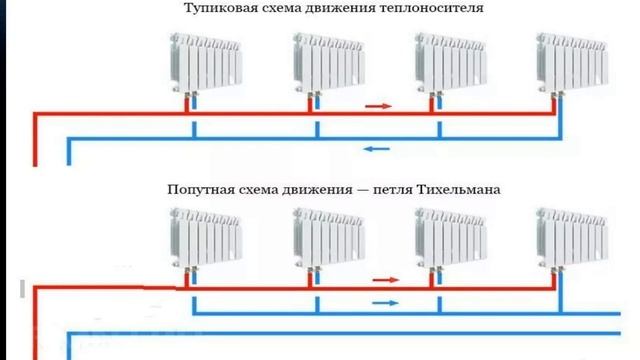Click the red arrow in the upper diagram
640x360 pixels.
click(x=377, y=104)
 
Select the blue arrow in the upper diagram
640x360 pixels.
click(x=377, y=150)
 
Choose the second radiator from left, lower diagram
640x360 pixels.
click(x=329, y=239)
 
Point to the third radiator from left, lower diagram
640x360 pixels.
click(x=450, y=239)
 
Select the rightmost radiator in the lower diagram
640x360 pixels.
click(x=571, y=239)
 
